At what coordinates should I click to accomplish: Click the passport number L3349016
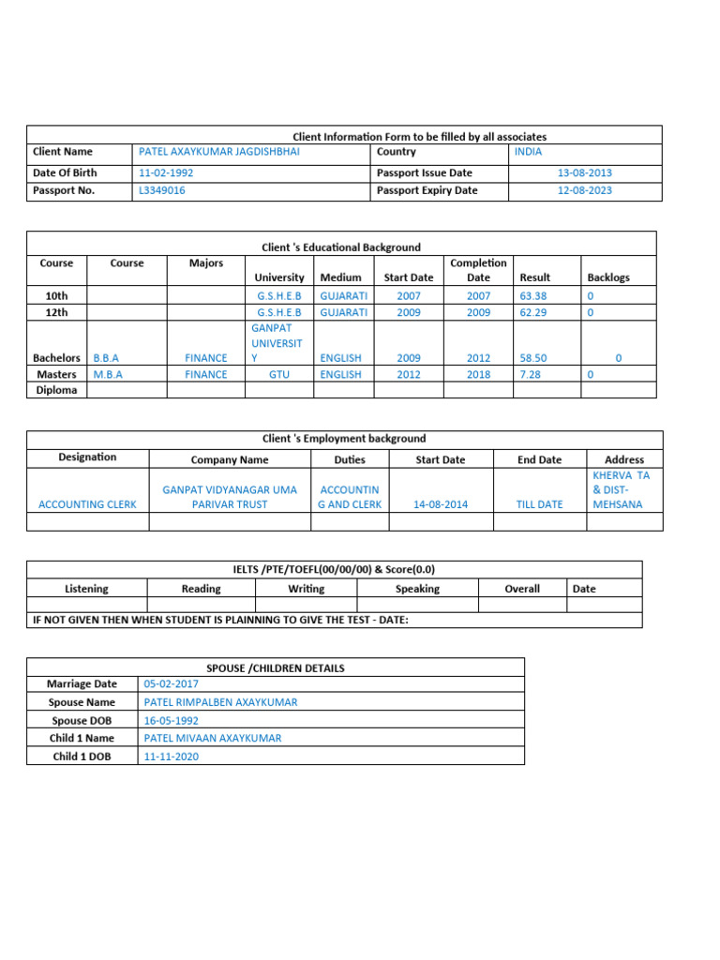pos(161,190)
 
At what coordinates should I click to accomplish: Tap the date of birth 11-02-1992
pos(166,172)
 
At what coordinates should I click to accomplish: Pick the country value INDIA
pos(528,152)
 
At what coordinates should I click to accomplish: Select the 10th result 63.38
pos(532,295)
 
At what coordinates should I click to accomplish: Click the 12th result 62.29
pos(532,312)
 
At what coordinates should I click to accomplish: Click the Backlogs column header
pos(608,277)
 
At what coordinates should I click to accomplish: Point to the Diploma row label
pos(56,390)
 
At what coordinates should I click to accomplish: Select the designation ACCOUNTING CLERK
pos(87,504)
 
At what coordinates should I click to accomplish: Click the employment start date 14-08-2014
pos(440,504)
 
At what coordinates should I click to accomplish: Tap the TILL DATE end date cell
pos(540,504)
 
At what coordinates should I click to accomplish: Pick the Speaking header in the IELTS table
pos(417,589)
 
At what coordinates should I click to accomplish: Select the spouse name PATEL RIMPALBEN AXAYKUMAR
pos(220,702)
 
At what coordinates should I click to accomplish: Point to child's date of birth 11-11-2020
pos(171,756)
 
